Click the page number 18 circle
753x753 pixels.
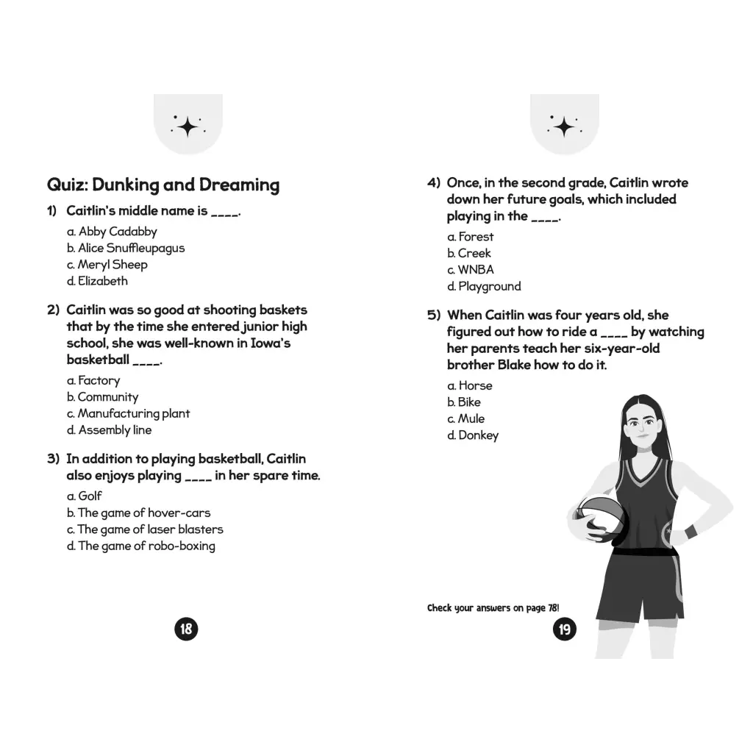click(187, 629)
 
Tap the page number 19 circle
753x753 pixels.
click(565, 629)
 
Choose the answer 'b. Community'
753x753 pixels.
click(102, 397)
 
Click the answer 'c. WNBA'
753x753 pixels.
click(471, 270)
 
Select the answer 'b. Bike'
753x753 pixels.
click(464, 402)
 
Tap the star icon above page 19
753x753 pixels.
click(565, 126)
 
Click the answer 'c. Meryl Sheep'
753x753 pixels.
click(107, 265)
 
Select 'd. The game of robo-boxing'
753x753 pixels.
click(141, 546)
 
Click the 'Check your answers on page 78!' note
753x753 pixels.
click(493, 608)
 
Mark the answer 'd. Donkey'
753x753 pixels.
click(473, 435)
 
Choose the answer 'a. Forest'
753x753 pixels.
click(471, 237)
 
